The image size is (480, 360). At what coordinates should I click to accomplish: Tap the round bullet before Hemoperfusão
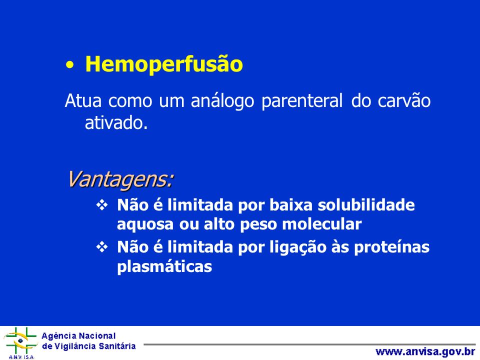coord(70,65)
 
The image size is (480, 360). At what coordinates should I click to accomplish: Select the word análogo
coord(222,101)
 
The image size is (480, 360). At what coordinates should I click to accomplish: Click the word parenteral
coord(302,101)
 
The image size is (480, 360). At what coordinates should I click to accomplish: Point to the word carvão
coord(404,100)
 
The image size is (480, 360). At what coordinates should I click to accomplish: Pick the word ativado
coord(116,123)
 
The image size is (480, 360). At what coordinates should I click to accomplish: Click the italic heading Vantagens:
coord(120,179)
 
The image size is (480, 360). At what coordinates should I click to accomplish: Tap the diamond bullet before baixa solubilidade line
coord(102,205)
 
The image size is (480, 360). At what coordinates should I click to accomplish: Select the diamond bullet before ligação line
coord(102,246)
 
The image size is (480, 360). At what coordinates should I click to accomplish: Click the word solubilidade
coord(366,205)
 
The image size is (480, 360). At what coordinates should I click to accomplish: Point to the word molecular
coord(321,224)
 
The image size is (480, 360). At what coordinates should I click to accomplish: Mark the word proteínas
coord(392,247)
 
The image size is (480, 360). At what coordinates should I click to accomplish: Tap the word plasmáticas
coord(164,266)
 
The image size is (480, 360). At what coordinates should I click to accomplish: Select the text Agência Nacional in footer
coord(78,336)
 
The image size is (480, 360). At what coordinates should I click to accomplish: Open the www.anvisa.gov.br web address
coord(425,351)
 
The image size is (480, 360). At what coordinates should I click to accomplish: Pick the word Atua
coord(83,100)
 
